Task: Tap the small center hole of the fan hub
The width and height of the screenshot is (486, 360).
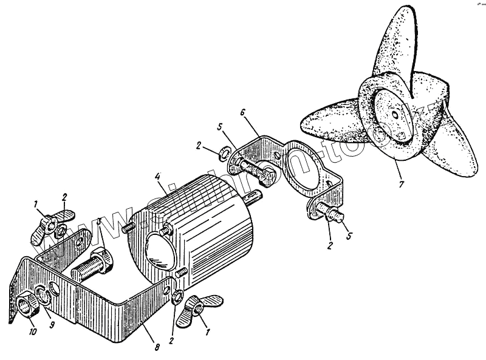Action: pyautogui.click(x=395, y=114)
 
